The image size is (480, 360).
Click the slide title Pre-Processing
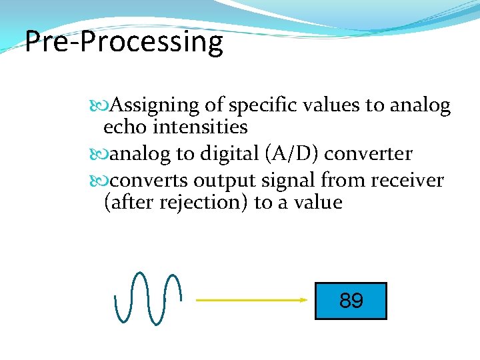124,42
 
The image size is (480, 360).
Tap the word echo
123,127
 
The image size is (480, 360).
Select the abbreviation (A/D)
295,154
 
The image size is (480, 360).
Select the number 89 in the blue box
351,301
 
